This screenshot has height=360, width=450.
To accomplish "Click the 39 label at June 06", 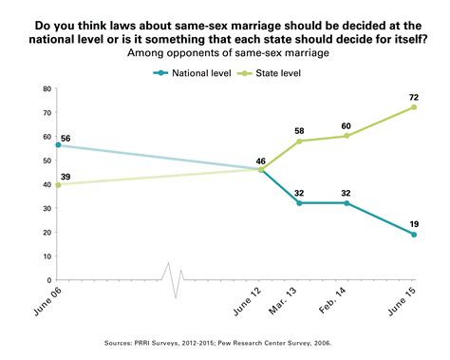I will (x=66, y=176).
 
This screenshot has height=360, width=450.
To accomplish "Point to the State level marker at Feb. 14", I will (x=346, y=136).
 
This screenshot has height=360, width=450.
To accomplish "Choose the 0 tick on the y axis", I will (x=48, y=280).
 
